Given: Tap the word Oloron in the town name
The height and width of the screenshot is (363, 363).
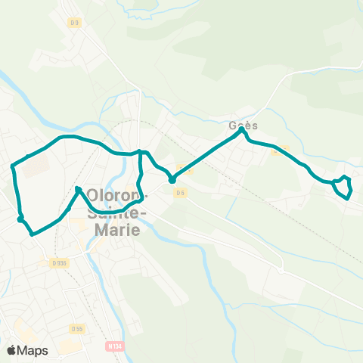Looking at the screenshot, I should point(114,194).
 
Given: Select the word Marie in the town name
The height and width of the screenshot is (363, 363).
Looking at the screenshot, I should point(114,229).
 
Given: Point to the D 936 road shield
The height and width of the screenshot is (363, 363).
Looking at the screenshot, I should point(59,262).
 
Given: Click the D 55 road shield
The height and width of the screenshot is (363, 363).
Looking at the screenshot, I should point(76,328).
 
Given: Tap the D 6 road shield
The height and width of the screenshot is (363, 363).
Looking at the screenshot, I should point(179,193).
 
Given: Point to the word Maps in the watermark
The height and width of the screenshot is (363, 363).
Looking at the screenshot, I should point(34,350).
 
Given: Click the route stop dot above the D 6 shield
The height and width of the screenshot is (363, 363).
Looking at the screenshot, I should point(172,180).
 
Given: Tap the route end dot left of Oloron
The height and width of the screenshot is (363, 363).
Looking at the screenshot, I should point(79,189).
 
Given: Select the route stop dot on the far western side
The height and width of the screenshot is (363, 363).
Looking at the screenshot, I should point(20,218).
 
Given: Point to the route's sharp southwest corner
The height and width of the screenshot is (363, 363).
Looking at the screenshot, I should point(32,234).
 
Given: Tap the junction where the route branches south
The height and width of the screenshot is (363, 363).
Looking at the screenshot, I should point(141,152).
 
